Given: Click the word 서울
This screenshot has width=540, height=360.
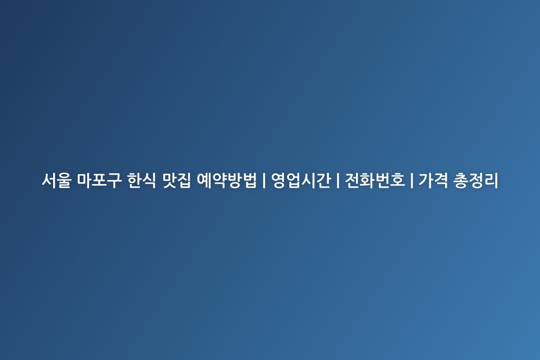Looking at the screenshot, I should [x=56, y=180].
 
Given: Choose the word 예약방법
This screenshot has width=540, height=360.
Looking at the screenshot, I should [x=227, y=180].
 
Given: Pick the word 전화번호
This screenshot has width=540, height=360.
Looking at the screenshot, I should [x=375, y=180].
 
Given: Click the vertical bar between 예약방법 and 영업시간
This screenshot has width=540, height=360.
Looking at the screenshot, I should [x=264, y=180].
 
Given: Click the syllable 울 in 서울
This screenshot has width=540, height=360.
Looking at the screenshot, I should [x=64, y=180].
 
